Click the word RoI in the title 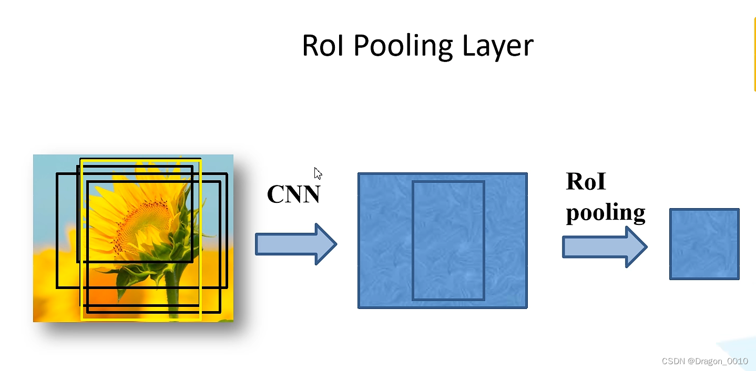pos(324,46)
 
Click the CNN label pos(293,194)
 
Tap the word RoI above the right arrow pos(586,182)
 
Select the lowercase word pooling pos(605,213)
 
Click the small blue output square pos(704,244)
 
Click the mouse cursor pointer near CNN pos(318,174)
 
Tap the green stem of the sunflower pos(172,294)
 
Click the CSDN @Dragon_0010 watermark pos(704,361)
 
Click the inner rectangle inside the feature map pos(448,240)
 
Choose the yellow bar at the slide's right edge pos(754,53)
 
